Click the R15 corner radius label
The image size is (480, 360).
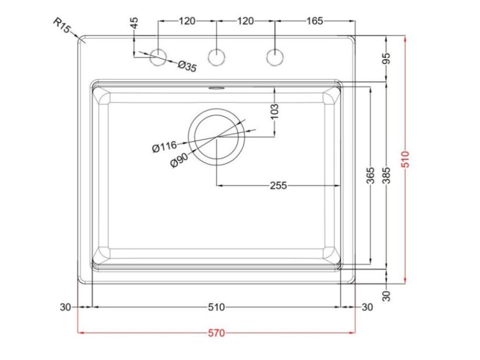61,27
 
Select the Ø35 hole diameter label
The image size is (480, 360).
187,66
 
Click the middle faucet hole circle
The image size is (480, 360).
217,56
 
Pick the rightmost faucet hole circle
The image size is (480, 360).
274,56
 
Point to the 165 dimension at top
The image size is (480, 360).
314,21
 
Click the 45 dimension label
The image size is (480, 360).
134,24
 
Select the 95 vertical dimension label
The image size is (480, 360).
387,58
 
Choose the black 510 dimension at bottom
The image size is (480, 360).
216,307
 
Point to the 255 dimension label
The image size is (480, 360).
278,186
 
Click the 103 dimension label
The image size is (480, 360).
275,110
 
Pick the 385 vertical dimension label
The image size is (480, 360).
387,175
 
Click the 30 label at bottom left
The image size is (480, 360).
65,307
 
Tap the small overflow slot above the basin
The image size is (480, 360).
216,88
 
